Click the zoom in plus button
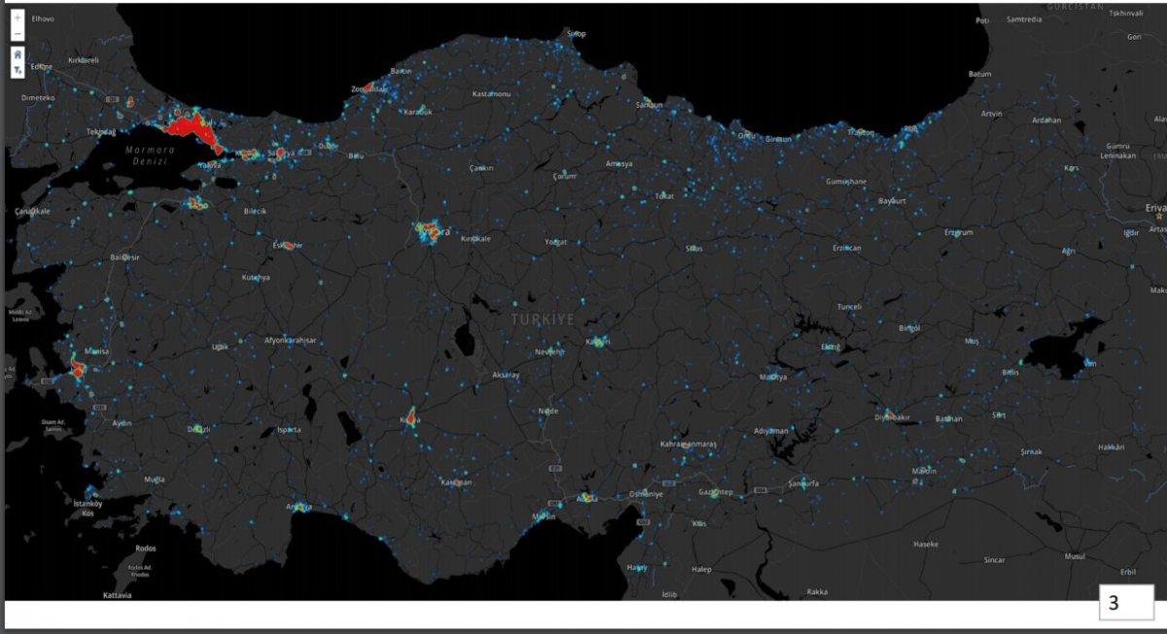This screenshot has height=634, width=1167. tap(18, 18)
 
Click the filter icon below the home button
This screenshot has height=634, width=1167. tap(18, 70)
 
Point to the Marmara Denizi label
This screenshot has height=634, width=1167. tap(150, 156)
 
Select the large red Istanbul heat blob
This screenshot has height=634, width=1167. tap(191, 127)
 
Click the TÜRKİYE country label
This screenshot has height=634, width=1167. tap(543, 319)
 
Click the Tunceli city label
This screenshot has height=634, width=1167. tap(849, 306)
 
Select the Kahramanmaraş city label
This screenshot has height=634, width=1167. tap(688, 443)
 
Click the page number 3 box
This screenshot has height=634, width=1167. tap(1114, 603)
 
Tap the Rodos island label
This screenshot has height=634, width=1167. tap(146, 547)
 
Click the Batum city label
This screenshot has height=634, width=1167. tap(979, 74)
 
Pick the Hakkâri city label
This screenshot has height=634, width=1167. tap(1111, 447)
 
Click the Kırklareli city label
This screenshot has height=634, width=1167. tap(84, 59)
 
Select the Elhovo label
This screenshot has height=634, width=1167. tap(43, 18)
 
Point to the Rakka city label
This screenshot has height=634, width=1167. tap(817, 592)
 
